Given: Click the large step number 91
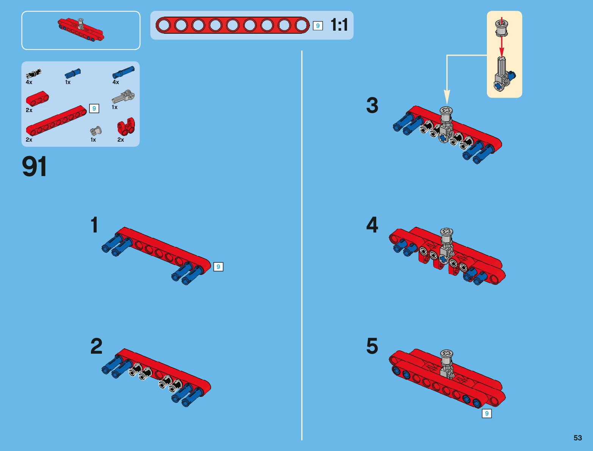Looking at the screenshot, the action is pyautogui.click(x=34, y=167).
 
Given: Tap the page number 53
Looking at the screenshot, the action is pyautogui.click(x=577, y=438).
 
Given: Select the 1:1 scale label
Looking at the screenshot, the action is pyautogui.click(x=340, y=25).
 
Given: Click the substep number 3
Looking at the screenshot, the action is pyautogui.click(x=372, y=105).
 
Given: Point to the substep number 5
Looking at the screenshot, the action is pyautogui.click(x=372, y=346).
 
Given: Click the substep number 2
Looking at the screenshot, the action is pyautogui.click(x=97, y=346).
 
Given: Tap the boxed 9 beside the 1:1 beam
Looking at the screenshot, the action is pyautogui.click(x=318, y=26).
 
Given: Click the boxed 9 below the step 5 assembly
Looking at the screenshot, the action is pyautogui.click(x=487, y=413).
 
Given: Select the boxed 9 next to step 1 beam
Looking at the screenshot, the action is pyautogui.click(x=218, y=267).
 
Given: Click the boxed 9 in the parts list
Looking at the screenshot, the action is pyautogui.click(x=94, y=109).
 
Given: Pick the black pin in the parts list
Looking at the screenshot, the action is pyautogui.click(x=33, y=73).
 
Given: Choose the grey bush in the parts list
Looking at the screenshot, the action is pyautogui.click(x=96, y=131).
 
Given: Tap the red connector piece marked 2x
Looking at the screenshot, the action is pyautogui.click(x=126, y=126).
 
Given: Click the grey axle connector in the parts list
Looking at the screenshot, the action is pyautogui.click(x=123, y=97).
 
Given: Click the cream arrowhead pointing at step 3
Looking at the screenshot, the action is pyautogui.click(x=447, y=97).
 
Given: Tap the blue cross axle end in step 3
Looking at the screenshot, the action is pyautogui.click(x=443, y=138).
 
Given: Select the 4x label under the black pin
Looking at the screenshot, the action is pyautogui.click(x=29, y=82).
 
